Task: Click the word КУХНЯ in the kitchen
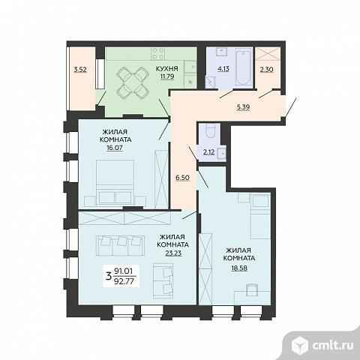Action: point(167,68)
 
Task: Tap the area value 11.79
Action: point(167,76)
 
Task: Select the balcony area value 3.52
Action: point(80,70)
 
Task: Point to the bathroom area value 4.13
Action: point(223,69)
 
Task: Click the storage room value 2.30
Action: point(266,70)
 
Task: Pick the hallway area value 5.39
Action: point(243,107)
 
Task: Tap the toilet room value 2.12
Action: point(208,152)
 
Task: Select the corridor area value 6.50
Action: point(182,178)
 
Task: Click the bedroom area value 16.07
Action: point(115,148)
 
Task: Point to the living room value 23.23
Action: point(173,253)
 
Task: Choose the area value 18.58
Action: point(239,268)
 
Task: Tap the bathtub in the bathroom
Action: point(243,67)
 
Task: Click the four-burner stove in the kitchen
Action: point(158,53)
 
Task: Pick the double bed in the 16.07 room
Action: point(115,183)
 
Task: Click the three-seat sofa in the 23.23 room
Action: point(119,245)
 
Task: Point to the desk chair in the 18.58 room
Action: point(251,289)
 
